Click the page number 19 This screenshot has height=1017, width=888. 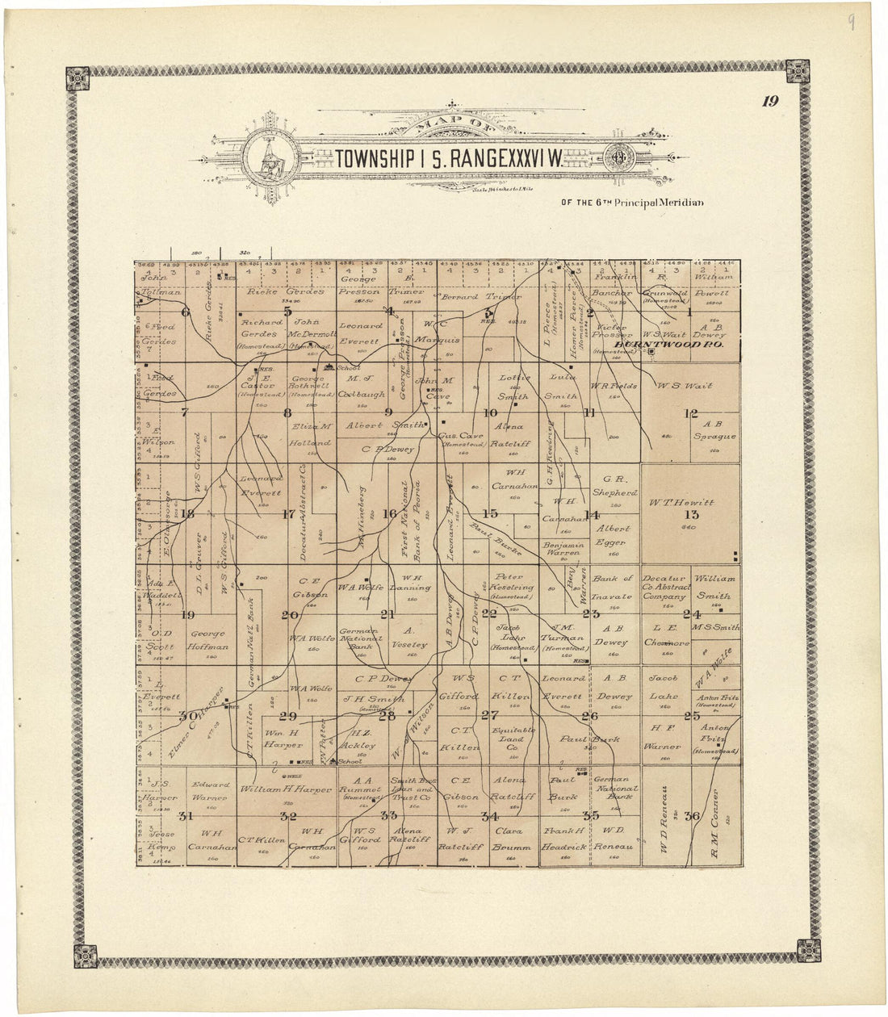[767, 102]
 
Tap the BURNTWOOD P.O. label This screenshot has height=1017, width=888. [666, 345]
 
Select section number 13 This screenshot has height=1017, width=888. [692, 515]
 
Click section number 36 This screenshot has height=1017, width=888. [692, 815]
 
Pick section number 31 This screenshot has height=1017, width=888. [186, 815]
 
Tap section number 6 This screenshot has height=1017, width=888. [186, 312]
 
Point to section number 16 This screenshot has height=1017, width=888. [389, 513]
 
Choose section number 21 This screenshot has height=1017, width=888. [389, 615]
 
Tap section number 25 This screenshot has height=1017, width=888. [692, 715]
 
